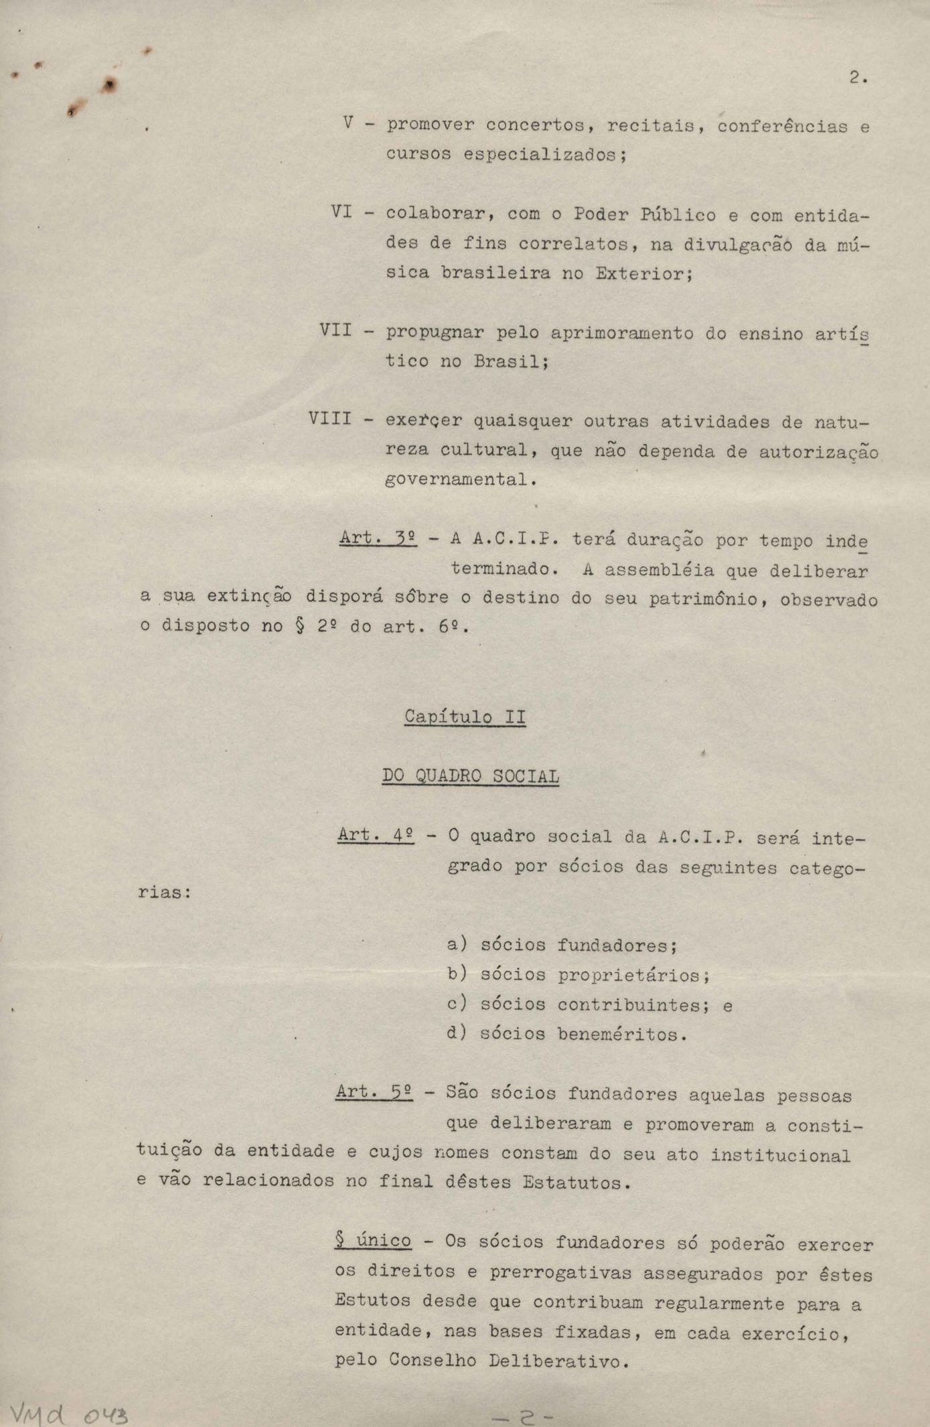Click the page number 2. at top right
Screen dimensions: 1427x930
tap(858, 78)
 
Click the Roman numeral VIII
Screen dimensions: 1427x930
tap(330, 419)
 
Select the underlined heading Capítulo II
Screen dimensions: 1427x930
tap(465, 717)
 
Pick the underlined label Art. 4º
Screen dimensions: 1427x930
tap(376, 835)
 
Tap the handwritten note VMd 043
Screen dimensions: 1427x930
tap(66, 1410)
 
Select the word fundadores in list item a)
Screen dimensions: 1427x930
tap(617, 946)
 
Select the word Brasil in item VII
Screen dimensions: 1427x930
tap(511, 362)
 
